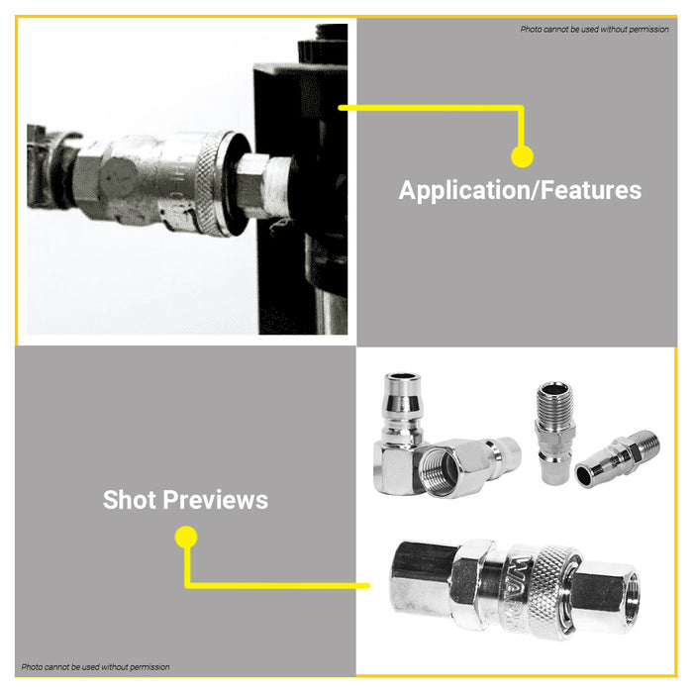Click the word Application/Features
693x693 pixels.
click(520, 190)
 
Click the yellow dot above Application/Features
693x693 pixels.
click(522, 156)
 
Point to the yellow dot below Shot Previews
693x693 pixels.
click(185, 537)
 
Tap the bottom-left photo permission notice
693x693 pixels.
click(95, 666)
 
